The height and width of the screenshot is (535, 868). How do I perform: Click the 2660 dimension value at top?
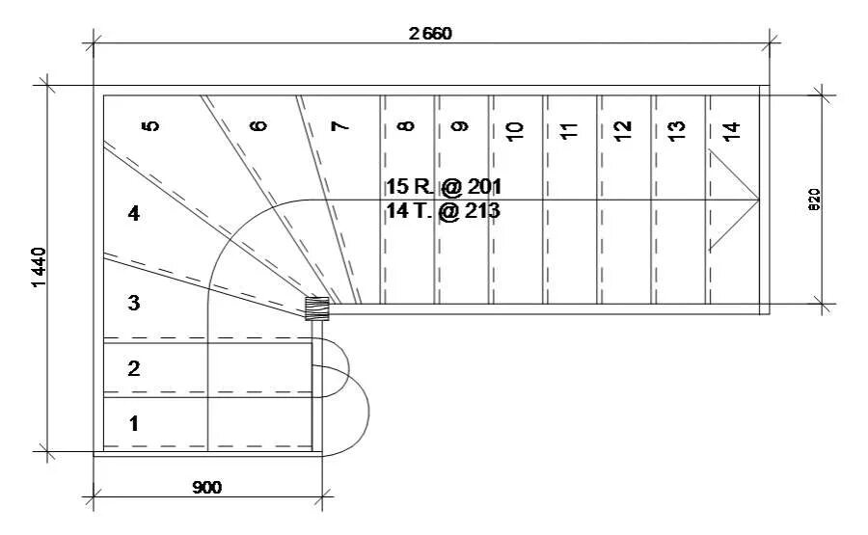pyautogui.click(x=430, y=34)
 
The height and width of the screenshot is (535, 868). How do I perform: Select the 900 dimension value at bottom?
pyautogui.click(x=206, y=488)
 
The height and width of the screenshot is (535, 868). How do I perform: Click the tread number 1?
pyautogui.click(x=134, y=422)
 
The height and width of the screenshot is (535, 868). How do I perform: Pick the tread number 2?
pyautogui.click(x=134, y=368)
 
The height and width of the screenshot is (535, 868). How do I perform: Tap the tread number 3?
pyautogui.click(x=134, y=303)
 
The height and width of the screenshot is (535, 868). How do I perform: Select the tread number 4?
pyautogui.click(x=134, y=214)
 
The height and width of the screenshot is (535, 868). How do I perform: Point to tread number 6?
pyautogui.click(x=257, y=126)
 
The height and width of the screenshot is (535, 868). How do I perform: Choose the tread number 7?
pyautogui.click(x=339, y=126)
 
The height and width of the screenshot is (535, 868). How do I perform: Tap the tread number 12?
pyautogui.click(x=622, y=127)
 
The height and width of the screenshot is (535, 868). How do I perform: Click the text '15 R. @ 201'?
pyautogui.click(x=444, y=186)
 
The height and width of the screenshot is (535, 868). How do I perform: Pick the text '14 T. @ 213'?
pyautogui.click(x=444, y=210)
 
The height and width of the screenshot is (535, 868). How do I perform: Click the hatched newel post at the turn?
pyautogui.click(x=317, y=308)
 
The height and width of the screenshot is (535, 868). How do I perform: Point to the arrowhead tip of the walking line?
pyautogui.click(x=758, y=200)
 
